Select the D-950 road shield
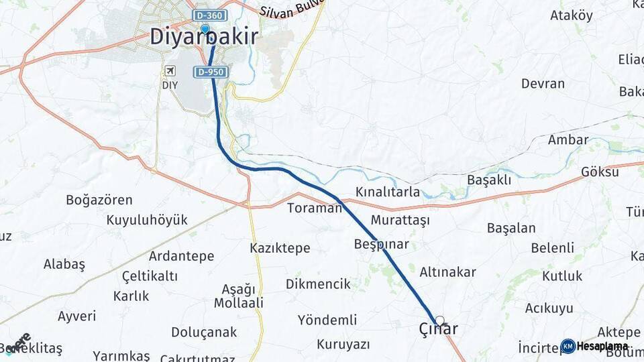point(211,72)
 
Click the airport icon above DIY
point(170,71)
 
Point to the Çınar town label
point(438,329)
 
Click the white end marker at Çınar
point(440,320)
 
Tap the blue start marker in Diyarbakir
point(205,29)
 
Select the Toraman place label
point(315,208)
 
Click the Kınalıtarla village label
point(388,192)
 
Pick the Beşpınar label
point(381,244)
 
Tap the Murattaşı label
point(400,220)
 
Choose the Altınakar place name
point(447,272)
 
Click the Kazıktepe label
point(280,248)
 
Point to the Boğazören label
point(99,200)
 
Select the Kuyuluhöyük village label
point(147,220)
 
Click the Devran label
point(543,84)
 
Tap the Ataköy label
point(572,15)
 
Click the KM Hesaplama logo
point(595,346)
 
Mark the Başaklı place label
point(489,180)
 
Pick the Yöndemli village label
point(327,319)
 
